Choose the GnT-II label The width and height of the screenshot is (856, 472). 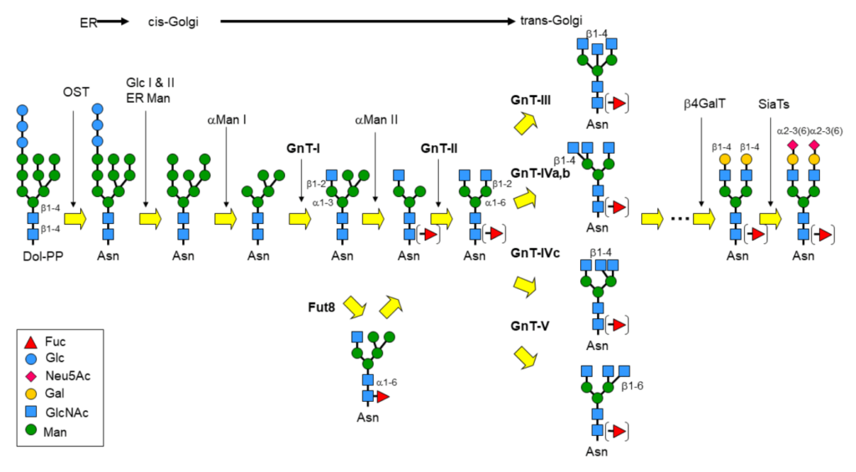[x=438, y=149]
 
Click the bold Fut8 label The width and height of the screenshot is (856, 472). [x=322, y=307]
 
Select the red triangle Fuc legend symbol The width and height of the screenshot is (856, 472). [x=29, y=342]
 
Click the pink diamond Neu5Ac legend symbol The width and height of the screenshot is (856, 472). [x=29, y=376]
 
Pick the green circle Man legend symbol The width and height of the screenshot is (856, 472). [x=29, y=432]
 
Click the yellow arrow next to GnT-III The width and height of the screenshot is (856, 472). [x=525, y=124]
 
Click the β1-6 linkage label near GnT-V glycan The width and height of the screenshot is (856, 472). [x=634, y=387]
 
